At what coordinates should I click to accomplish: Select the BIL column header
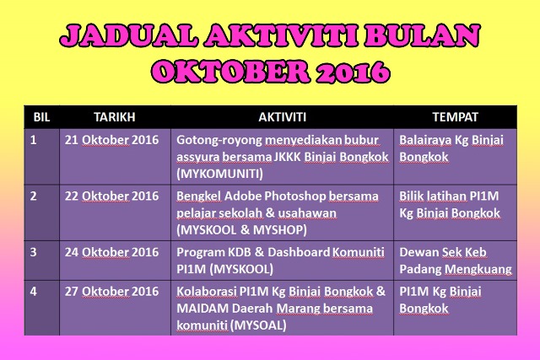[x=41, y=117]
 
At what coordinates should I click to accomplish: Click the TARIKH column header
[x=115, y=117]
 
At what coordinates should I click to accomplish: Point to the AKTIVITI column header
[x=282, y=117]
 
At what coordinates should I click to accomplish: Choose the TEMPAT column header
[x=456, y=117]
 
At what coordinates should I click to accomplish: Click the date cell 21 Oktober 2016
[x=111, y=140]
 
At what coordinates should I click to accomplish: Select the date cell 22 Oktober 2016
[x=111, y=196]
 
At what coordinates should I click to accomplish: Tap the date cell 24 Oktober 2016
[x=111, y=252]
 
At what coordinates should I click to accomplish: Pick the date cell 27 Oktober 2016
[x=111, y=292]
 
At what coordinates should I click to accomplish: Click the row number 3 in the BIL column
[x=33, y=252]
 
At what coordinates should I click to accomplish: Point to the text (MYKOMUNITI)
[x=219, y=174]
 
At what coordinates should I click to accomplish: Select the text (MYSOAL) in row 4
[x=258, y=325]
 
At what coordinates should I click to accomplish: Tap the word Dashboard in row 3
[x=299, y=252]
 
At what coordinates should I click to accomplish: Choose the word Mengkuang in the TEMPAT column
[x=478, y=269]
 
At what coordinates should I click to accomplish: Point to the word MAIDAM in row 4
[x=202, y=309]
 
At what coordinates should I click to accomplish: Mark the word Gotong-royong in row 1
[x=219, y=141]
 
